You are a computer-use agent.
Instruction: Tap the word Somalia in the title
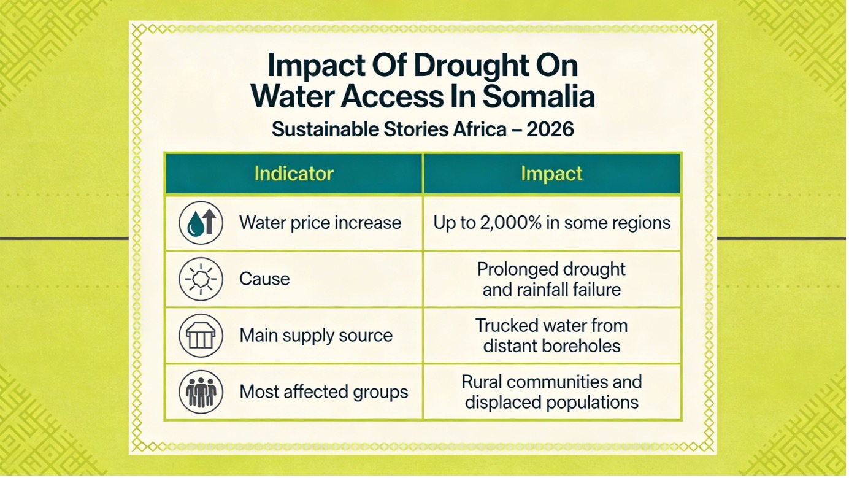[x=538, y=96]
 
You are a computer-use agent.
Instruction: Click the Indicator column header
[x=294, y=174]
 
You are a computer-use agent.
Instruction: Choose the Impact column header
[x=551, y=174]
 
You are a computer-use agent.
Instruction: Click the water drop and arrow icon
[x=201, y=223]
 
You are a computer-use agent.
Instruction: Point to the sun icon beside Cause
[x=201, y=279]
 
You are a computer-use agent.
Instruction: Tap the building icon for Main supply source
[x=201, y=336]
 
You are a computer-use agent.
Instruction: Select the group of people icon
[x=201, y=391]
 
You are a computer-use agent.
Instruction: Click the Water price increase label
[x=320, y=223]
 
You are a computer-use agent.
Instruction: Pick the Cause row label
[x=264, y=279]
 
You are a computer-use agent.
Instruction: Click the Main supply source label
[x=316, y=336]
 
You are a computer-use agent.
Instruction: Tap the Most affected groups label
[x=324, y=391]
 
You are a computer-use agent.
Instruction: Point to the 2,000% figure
[x=510, y=223]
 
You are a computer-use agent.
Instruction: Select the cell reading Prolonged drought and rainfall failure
[x=551, y=279]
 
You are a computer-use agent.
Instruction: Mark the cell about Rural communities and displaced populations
[x=551, y=392]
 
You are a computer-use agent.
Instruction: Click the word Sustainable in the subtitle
[x=325, y=129]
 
